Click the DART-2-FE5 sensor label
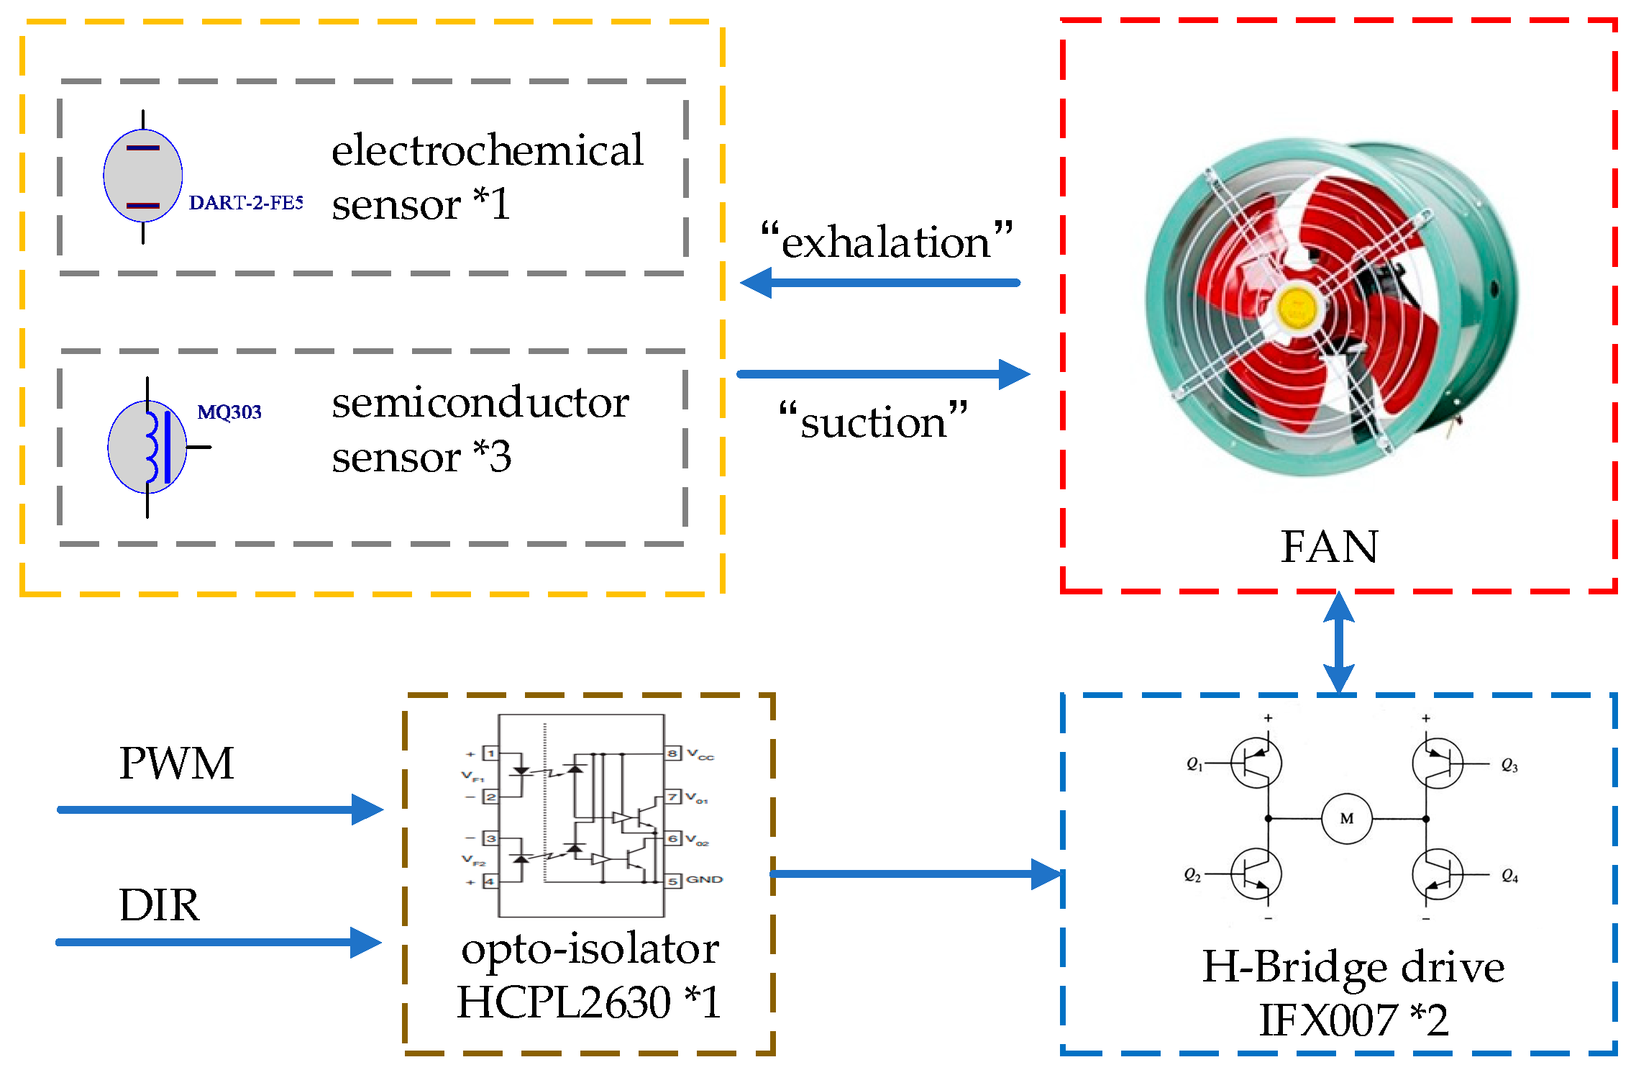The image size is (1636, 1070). [x=245, y=203]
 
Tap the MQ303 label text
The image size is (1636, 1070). [x=229, y=412]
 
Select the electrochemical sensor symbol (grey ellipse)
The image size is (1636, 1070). [x=142, y=176]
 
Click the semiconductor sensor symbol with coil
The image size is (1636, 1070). [x=148, y=447]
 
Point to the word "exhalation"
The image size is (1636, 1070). [x=886, y=242]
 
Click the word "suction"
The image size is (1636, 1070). [x=873, y=422]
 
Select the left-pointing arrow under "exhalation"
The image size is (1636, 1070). [x=879, y=283]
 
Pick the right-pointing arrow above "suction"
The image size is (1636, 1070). [x=883, y=374]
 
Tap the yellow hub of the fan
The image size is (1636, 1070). [x=1297, y=308]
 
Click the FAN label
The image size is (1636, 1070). [x=1329, y=547]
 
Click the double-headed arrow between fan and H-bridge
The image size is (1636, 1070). [x=1339, y=642]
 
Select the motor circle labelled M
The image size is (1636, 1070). [x=1346, y=818]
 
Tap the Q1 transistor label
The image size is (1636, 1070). [x=1194, y=764]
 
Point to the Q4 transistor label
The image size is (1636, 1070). [x=1509, y=876]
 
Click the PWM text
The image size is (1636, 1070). [x=176, y=763]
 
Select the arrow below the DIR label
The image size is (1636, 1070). [x=219, y=942]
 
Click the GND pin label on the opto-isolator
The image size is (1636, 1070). [x=703, y=879]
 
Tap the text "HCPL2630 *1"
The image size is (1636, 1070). [x=588, y=1002]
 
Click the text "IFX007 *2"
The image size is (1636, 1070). [x=1353, y=1020]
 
